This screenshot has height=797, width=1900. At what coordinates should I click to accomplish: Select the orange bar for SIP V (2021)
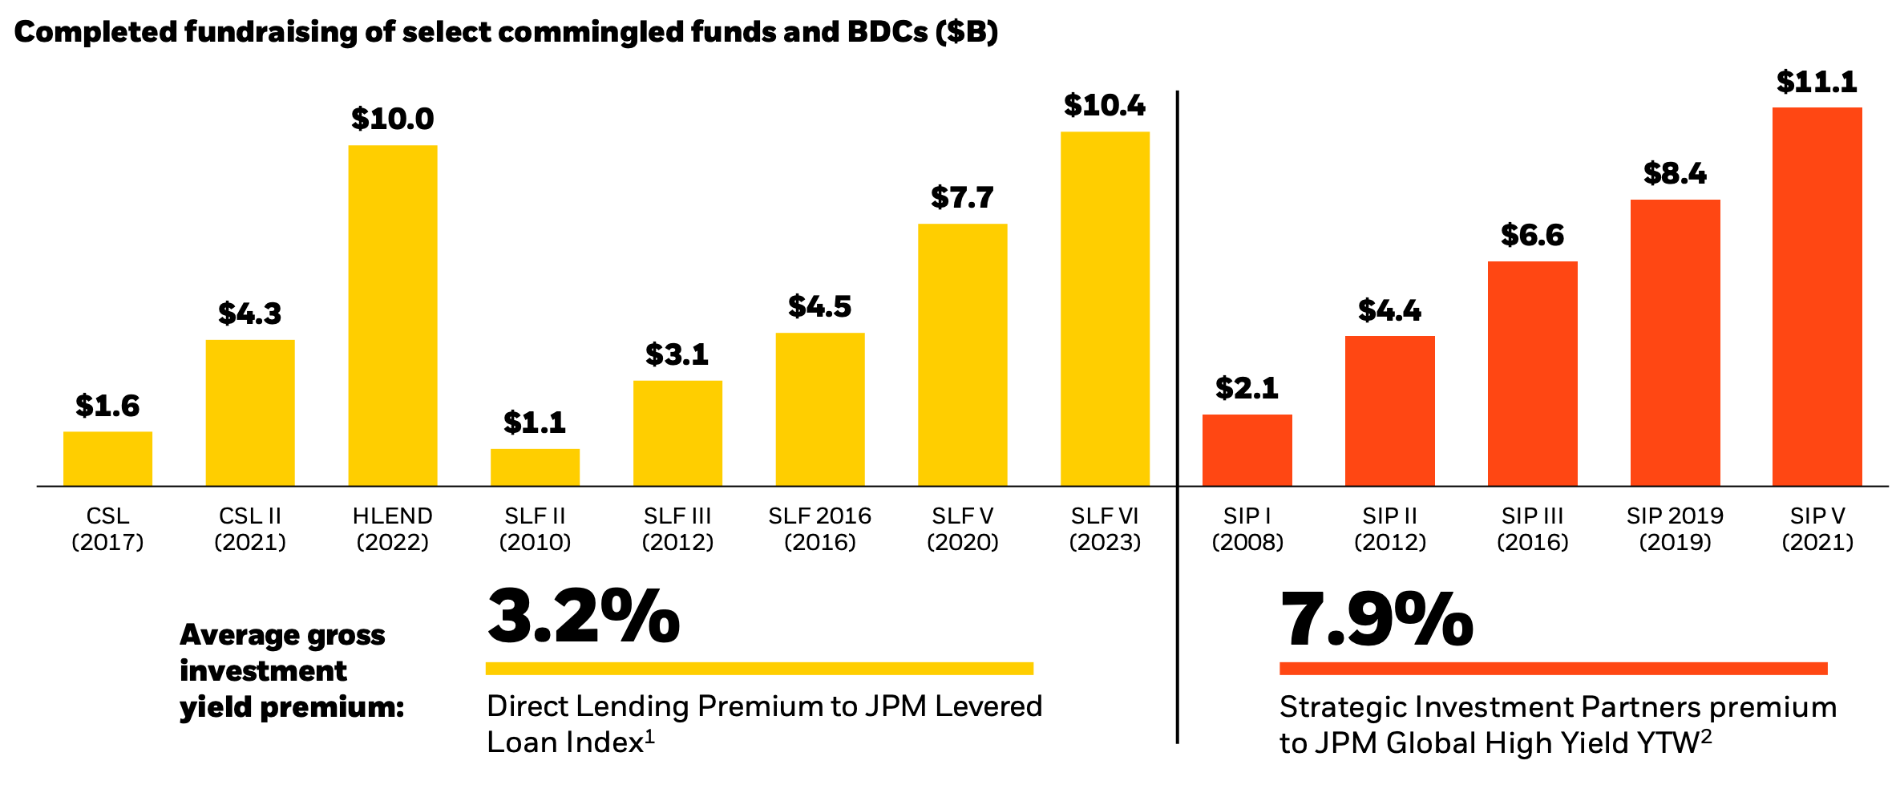tap(1817, 297)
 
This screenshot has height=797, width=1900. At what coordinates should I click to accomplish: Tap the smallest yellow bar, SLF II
tap(535, 467)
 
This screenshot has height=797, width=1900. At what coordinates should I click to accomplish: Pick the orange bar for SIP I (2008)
tap(1247, 450)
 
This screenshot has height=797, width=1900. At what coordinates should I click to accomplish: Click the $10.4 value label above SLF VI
tap(1104, 106)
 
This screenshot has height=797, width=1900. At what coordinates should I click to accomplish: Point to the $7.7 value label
tap(962, 197)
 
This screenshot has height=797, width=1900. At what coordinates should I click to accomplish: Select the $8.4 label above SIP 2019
tap(1675, 173)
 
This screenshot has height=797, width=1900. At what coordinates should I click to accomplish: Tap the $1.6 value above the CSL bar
tap(107, 406)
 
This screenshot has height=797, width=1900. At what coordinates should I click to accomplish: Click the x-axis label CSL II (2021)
tap(250, 529)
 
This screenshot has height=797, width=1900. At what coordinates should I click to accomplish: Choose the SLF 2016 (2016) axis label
tap(819, 529)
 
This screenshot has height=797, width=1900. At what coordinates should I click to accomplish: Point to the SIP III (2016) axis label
tap(1532, 529)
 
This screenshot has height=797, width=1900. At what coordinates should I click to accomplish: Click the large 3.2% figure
tap(583, 617)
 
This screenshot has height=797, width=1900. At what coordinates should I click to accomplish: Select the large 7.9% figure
tap(1376, 620)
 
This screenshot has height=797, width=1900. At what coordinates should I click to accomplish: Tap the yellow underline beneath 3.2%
tap(759, 669)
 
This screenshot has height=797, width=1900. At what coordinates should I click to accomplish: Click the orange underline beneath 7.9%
tap(1553, 669)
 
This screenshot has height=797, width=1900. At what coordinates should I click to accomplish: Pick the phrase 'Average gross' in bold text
tap(282, 635)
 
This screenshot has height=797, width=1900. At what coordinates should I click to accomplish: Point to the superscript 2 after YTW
tap(1707, 735)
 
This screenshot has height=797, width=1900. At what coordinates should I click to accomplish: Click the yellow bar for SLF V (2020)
tap(962, 354)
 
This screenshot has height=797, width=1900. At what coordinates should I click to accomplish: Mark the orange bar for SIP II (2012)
tap(1389, 411)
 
